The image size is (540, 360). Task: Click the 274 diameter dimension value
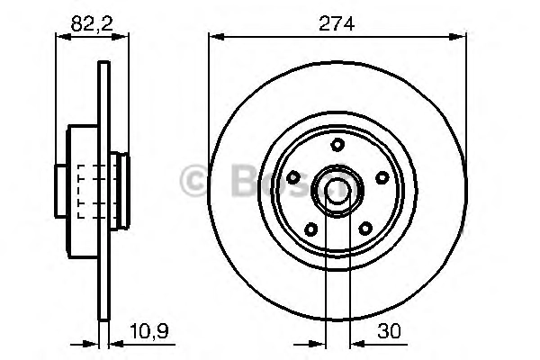337,24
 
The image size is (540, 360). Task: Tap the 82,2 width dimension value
92,24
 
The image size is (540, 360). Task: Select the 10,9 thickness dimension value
149,332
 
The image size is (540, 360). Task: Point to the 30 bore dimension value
389,331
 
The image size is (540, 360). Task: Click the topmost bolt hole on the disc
337,144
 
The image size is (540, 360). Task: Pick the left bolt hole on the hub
293,177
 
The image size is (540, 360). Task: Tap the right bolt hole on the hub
382,177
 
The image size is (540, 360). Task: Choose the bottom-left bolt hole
311,229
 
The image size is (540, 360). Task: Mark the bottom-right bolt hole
365,228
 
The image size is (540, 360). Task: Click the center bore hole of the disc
337,191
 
